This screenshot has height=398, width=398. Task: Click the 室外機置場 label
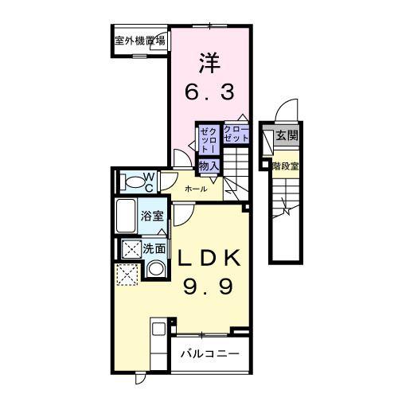pyautogui.click(x=140, y=39)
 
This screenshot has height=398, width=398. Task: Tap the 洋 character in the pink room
pyautogui.click(x=209, y=61)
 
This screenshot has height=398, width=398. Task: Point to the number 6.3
pyautogui.click(x=209, y=92)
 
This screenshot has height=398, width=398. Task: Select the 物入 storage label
pyautogui.click(x=209, y=166)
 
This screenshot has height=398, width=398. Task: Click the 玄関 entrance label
pyautogui.click(x=286, y=136)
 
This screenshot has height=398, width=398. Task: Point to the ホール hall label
pyautogui.click(x=196, y=189)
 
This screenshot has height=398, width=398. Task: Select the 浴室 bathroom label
pyautogui.click(x=152, y=215)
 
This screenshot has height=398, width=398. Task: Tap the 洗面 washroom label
pyautogui.click(x=154, y=248)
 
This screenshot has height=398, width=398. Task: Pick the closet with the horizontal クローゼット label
pyautogui.click(x=236, y=134)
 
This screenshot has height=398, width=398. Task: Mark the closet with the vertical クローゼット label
pyautogui.click(x=208, y=139)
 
